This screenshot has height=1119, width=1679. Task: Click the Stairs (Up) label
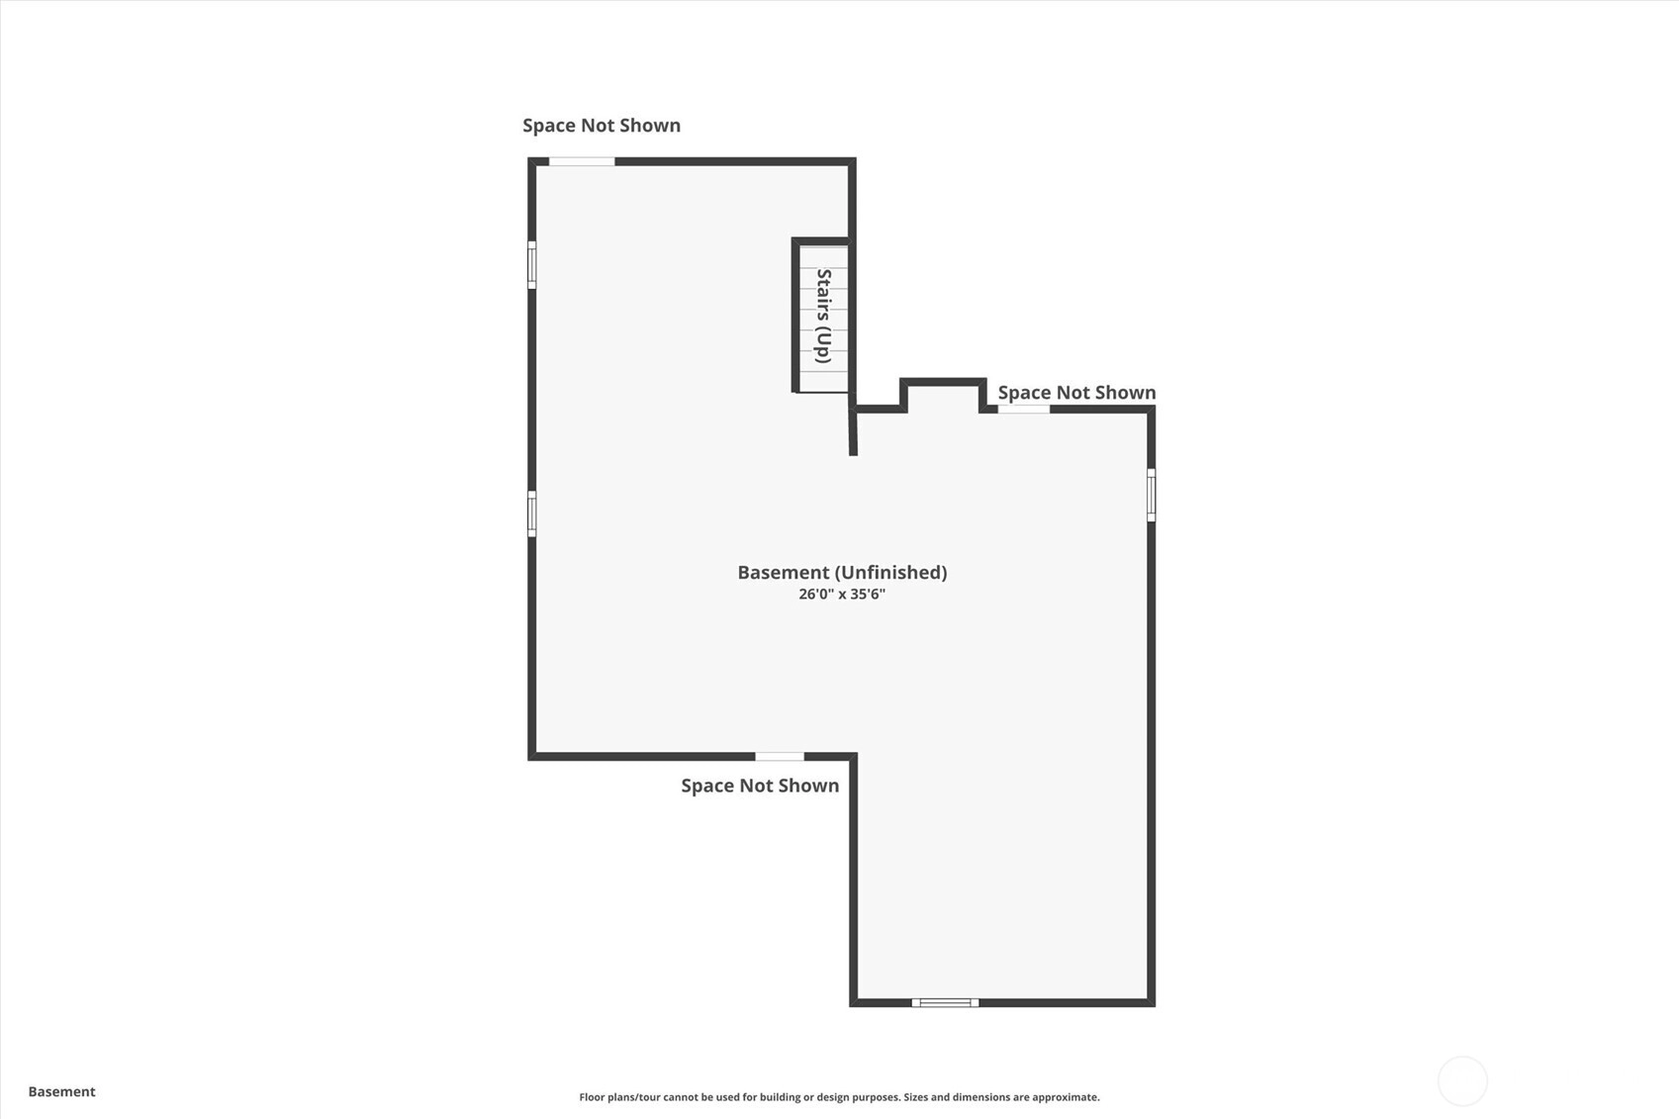(824, 316)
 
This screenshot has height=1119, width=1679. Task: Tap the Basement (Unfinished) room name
(843, 573)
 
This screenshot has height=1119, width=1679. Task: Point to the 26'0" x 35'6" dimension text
(842, 595)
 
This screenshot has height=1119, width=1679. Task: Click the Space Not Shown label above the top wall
(602, 126)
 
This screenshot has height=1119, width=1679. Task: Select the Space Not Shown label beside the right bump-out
(1076, 393)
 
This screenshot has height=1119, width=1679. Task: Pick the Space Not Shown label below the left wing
(760, 786)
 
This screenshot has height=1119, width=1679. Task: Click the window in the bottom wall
(945, 1003)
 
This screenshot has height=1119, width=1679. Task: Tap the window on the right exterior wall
(1152, 495)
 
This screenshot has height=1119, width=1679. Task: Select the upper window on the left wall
(532, 264)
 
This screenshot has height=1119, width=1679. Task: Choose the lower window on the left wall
(532, 514)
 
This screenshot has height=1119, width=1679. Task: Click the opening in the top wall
(582, 161)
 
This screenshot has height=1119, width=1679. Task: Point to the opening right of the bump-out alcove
(1024, 410)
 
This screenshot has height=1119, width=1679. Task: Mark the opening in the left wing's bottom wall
(780, 756)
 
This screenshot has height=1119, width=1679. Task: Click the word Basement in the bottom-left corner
(62, 1091)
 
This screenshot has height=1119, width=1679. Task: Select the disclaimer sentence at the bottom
(839, 1097)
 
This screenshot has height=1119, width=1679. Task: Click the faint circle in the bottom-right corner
(1462, 1080)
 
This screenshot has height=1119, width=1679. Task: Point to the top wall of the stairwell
(821, 241)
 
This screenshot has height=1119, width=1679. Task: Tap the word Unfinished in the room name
(891, 573)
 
